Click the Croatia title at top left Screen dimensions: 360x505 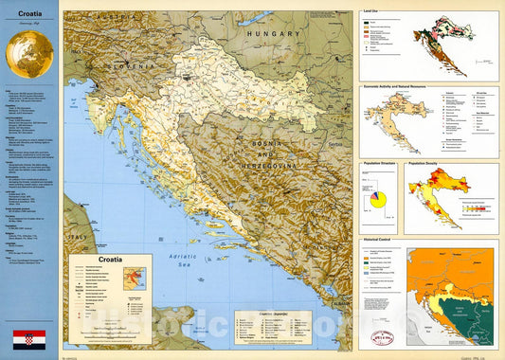[28, 15]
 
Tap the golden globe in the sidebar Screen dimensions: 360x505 [28, 53]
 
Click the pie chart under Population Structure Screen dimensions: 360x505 [377, 198]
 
